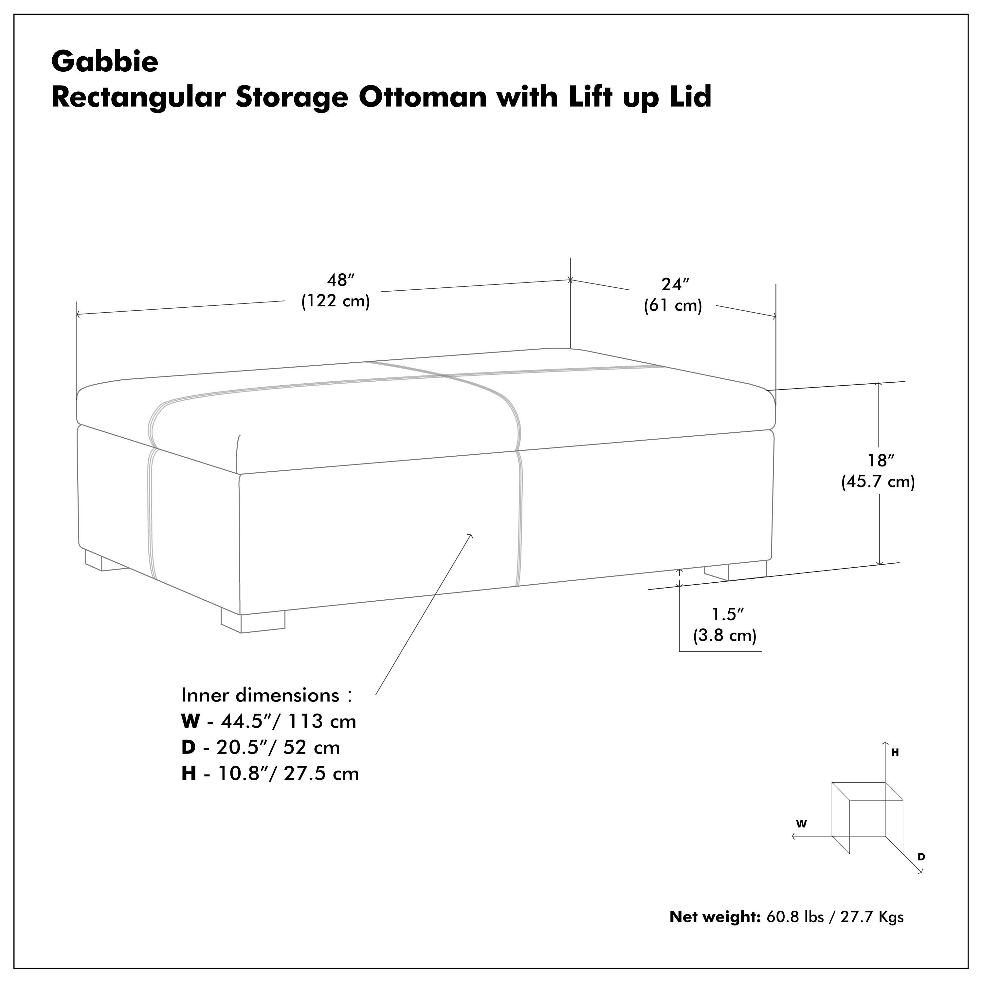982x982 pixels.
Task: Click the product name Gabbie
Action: click(105, 62)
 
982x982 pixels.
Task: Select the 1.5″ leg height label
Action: click(727, 614)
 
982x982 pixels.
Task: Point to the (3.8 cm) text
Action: click(725, 635)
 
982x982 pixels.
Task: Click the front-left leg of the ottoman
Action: click(253, 622)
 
